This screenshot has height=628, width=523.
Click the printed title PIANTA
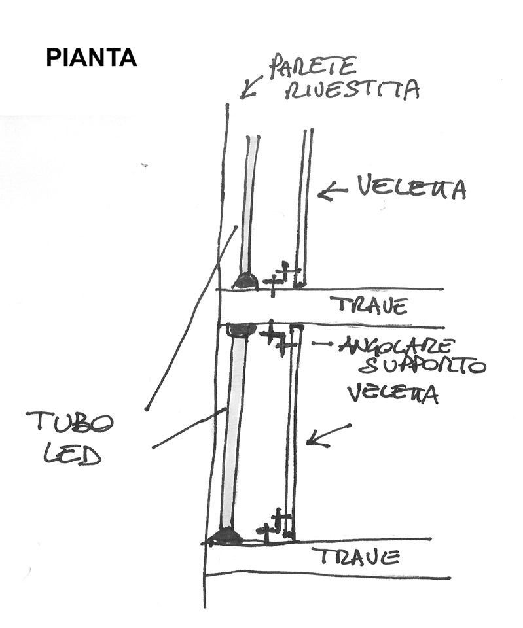(x=91, y=58)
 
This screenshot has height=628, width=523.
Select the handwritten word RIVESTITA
(x=352, y=90)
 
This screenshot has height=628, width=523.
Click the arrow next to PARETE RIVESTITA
(x=250, y=87)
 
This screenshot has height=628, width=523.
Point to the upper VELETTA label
(x=411, y=188)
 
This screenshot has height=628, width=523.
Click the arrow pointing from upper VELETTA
(x=332, y=192)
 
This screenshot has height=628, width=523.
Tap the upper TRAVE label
(x=369, y=305)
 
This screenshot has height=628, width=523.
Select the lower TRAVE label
(x=355, y=557)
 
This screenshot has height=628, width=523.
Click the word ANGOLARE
(x=394, y=345)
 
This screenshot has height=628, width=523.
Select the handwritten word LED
(x=72, y=453)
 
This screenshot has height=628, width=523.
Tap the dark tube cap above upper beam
(x=245, y=281)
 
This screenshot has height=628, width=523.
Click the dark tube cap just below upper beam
(x=240, y=330)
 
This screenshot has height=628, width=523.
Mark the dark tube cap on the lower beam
(x=226, y=536)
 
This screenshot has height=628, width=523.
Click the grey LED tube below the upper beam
(x=234, y=432)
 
